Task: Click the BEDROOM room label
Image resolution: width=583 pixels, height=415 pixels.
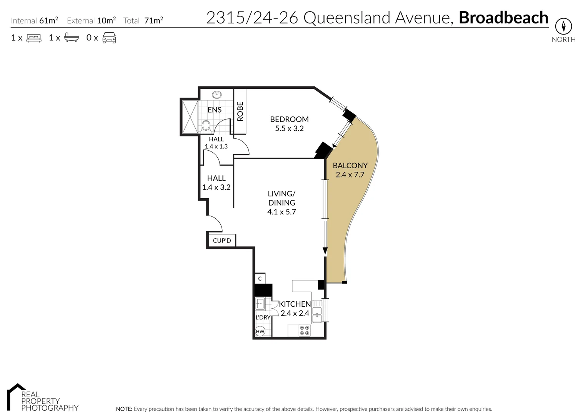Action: (x=289, y=119)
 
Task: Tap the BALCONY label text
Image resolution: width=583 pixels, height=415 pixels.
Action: (x=350, y=166)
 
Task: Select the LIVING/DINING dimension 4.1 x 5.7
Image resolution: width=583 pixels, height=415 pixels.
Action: (x=282, y=212)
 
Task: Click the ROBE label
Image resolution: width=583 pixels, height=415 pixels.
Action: (x=240, y=111)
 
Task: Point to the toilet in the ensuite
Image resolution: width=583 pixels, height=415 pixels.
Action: (x=206, y=126)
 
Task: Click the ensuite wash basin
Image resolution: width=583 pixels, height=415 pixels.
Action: (x=217, y=95)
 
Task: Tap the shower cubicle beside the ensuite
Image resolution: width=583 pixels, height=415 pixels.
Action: (x=189, y=116)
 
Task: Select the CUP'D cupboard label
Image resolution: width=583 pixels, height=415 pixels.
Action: (x=222, y=241)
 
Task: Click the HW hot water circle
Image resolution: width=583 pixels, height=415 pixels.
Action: (x=260, y=331)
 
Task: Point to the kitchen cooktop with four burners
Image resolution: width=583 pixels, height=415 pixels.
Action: (x=305, y=330)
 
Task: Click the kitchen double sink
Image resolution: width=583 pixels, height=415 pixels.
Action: (x=317, y=311)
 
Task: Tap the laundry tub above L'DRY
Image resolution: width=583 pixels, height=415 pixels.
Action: (x=260, y=304)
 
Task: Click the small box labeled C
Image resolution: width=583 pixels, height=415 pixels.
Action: (x=260, y=279)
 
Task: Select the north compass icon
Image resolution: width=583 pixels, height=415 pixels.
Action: (x=563, y=27)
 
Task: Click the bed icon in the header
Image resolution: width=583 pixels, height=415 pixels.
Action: (x=34, y=38)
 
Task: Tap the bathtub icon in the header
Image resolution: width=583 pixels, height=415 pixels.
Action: (x=72, y=38)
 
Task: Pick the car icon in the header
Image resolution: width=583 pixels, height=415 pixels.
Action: (x=109, y=38)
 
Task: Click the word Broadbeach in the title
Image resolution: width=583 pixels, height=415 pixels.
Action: (x=503, y=18)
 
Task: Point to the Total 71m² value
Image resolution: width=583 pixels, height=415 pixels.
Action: (x=153, y=21)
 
